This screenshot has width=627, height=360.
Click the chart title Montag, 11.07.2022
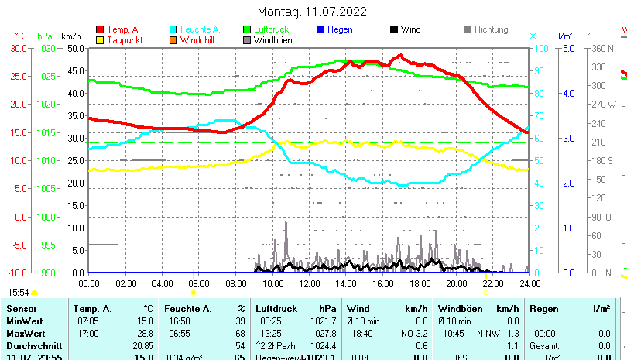(312, 12)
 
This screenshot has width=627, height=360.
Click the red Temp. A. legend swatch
(100, 29)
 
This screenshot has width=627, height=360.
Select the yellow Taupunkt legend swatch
(100, 40)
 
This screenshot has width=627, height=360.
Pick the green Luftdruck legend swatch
(247, 29)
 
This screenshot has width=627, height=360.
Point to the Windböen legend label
(272, 40)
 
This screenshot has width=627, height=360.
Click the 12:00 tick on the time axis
(310, 283)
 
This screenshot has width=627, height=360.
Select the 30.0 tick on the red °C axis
(18, 48)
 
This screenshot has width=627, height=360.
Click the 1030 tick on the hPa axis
(46, 48)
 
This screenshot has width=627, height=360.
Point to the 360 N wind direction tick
(602, 48)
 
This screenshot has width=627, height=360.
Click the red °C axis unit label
(19, 36)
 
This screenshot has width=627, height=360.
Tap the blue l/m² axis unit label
(564, 36)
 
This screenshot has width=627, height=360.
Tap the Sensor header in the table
(21, 309)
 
